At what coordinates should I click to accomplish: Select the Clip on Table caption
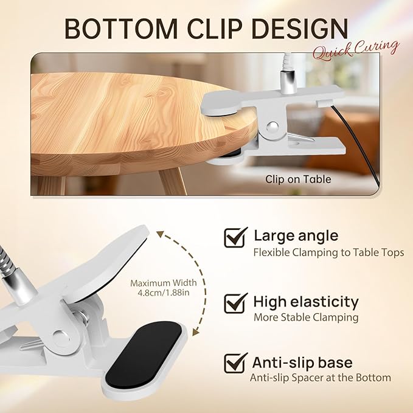[298, 179]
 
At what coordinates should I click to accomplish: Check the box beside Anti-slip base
[236, 363]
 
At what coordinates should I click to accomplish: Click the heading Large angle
[296, 235]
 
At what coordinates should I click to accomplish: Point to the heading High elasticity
[306, 301]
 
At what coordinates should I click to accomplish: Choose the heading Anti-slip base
[303, 363]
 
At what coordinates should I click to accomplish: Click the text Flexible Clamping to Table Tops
[328, 252]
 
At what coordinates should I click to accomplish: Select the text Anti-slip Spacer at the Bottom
[321, 378]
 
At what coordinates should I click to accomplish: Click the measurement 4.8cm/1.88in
[163, 293]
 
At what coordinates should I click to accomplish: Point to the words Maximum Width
[164, 283]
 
